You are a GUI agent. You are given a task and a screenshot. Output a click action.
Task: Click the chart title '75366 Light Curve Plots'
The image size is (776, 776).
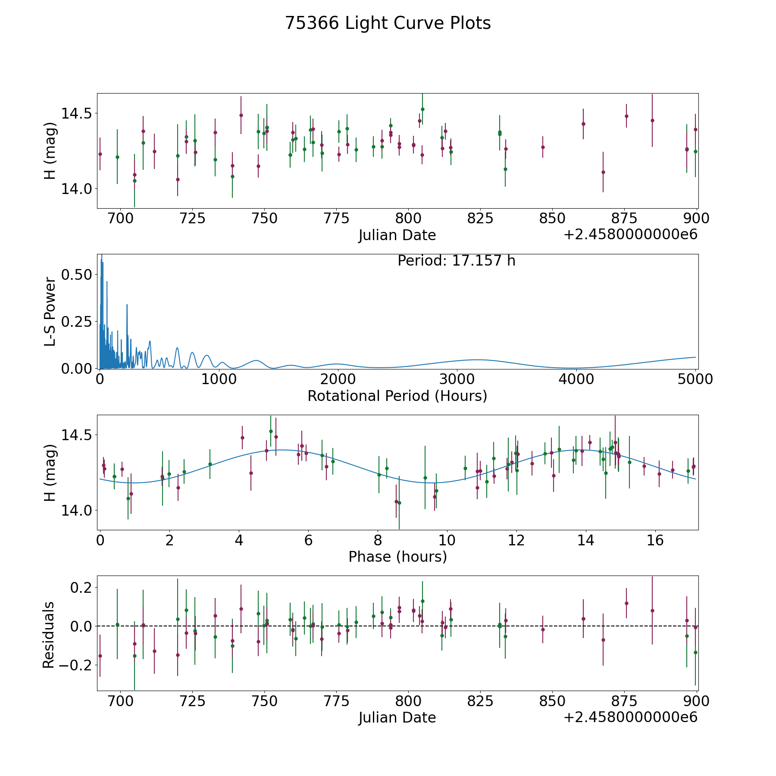pyautogui.click(x=388, y=23)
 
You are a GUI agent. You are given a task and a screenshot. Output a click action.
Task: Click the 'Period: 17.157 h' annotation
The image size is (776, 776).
pyautogui.click(x=456, y=261)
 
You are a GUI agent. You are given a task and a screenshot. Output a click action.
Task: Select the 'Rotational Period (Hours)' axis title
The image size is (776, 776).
pyautogui.click(x=397, y=396)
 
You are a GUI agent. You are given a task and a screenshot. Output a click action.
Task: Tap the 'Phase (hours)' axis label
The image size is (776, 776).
pyautogui.click(x=397, y=557)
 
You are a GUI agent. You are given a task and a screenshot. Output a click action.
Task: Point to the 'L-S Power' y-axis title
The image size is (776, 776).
pyautogui.click(x=50, y=311)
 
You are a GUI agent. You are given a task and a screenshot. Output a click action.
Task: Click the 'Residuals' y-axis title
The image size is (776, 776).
pyautogui.click(x=49, y=635)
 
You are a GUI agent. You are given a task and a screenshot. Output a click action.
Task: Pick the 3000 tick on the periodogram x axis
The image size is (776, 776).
pyautogui.click(x=457, y=379)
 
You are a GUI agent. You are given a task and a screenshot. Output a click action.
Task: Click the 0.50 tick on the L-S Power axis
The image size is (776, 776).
pyautogui.click(x=76, y=275)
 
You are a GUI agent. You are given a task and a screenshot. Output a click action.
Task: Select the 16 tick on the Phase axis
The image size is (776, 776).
pyautogui.click(x=655, y=540)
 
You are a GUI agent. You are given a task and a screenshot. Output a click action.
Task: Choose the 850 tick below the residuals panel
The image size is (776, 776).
pyautogui.click(x=552, y=701)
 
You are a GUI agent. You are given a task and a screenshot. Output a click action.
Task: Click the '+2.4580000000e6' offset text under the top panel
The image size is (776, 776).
pyautogui.click(x=630, y=235)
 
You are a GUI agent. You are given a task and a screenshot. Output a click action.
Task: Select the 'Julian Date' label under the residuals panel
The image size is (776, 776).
pyautogui.click(x=397, y=718)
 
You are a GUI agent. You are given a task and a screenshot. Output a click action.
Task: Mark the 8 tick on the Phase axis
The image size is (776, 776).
pyautogui.click(x=378, y=540)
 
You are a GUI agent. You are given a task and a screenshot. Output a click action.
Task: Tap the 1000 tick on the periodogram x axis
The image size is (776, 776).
pyautogui.click(x=219, y=379)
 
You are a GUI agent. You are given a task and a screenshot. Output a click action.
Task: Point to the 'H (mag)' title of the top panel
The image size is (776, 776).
pyautogui.click(x=50, y=150)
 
